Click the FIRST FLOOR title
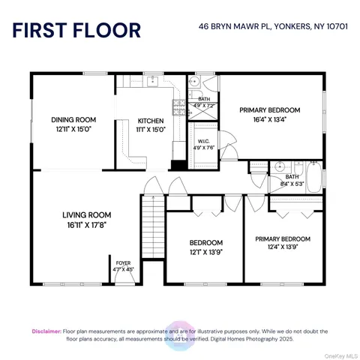click(x=76, y=30)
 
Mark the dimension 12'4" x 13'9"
click(x=282, y=247)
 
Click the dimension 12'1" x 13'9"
click(x=205, y=252)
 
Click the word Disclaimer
click(x=48, y=331)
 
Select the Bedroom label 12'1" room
click(x=205, y=243)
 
